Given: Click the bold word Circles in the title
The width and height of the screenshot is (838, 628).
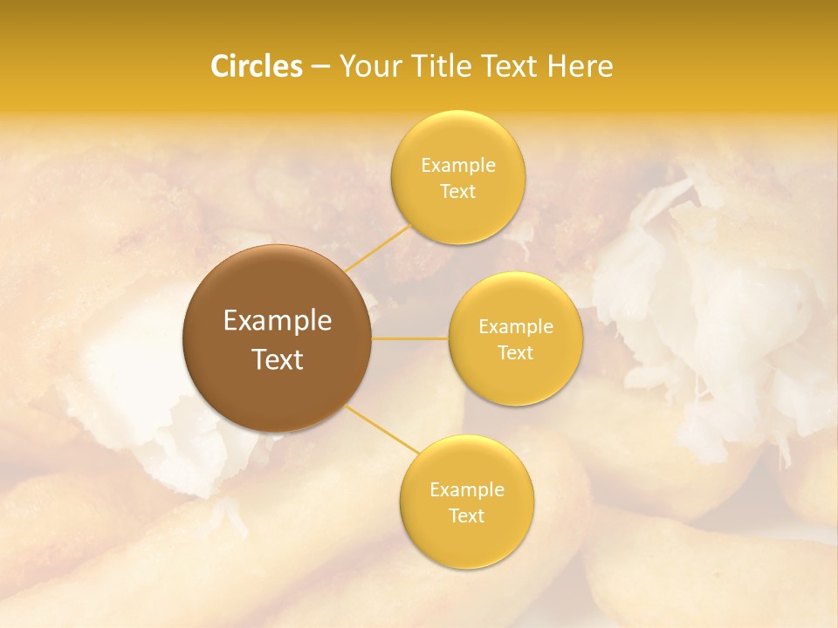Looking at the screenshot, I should coord(257,66).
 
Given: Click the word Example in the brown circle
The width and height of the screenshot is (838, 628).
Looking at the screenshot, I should coord(278,321).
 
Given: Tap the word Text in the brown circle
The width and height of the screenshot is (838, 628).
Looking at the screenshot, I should coord(278,359).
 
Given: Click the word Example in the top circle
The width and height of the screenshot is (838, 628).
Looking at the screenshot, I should coord(458,165).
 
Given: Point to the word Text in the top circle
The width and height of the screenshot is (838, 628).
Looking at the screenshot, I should coord(458,191).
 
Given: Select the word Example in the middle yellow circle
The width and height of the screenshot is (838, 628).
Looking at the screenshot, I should coord(516,326).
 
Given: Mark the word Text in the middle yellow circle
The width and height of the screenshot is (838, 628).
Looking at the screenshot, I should coord(516,352).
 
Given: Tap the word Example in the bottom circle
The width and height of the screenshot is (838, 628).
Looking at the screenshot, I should coord(467,489).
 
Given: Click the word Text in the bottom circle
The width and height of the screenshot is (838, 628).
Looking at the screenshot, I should coord(467,515).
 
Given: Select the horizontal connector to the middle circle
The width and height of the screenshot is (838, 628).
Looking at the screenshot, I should coord(410,338).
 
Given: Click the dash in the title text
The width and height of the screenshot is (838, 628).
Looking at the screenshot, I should coord(320,66).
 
